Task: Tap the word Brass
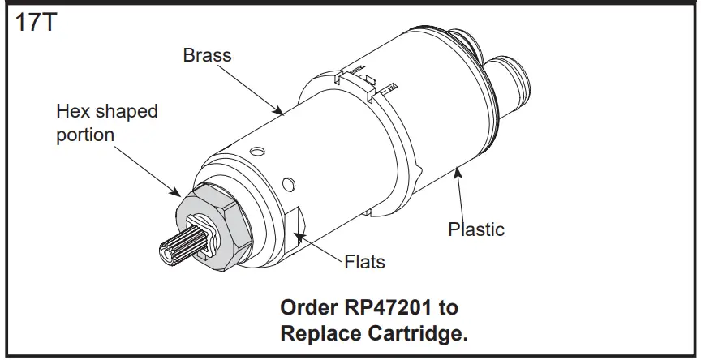[x=207, y=56]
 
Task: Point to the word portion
[x=84, y=135]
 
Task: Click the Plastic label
[x=476, y=229]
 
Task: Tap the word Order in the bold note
[x=307, y=308]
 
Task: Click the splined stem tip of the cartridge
[x=180, y=250]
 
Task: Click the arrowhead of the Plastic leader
[x=458, y=168]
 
